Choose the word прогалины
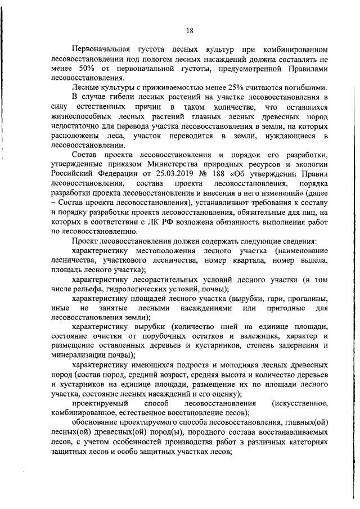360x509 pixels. click(308, 299)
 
